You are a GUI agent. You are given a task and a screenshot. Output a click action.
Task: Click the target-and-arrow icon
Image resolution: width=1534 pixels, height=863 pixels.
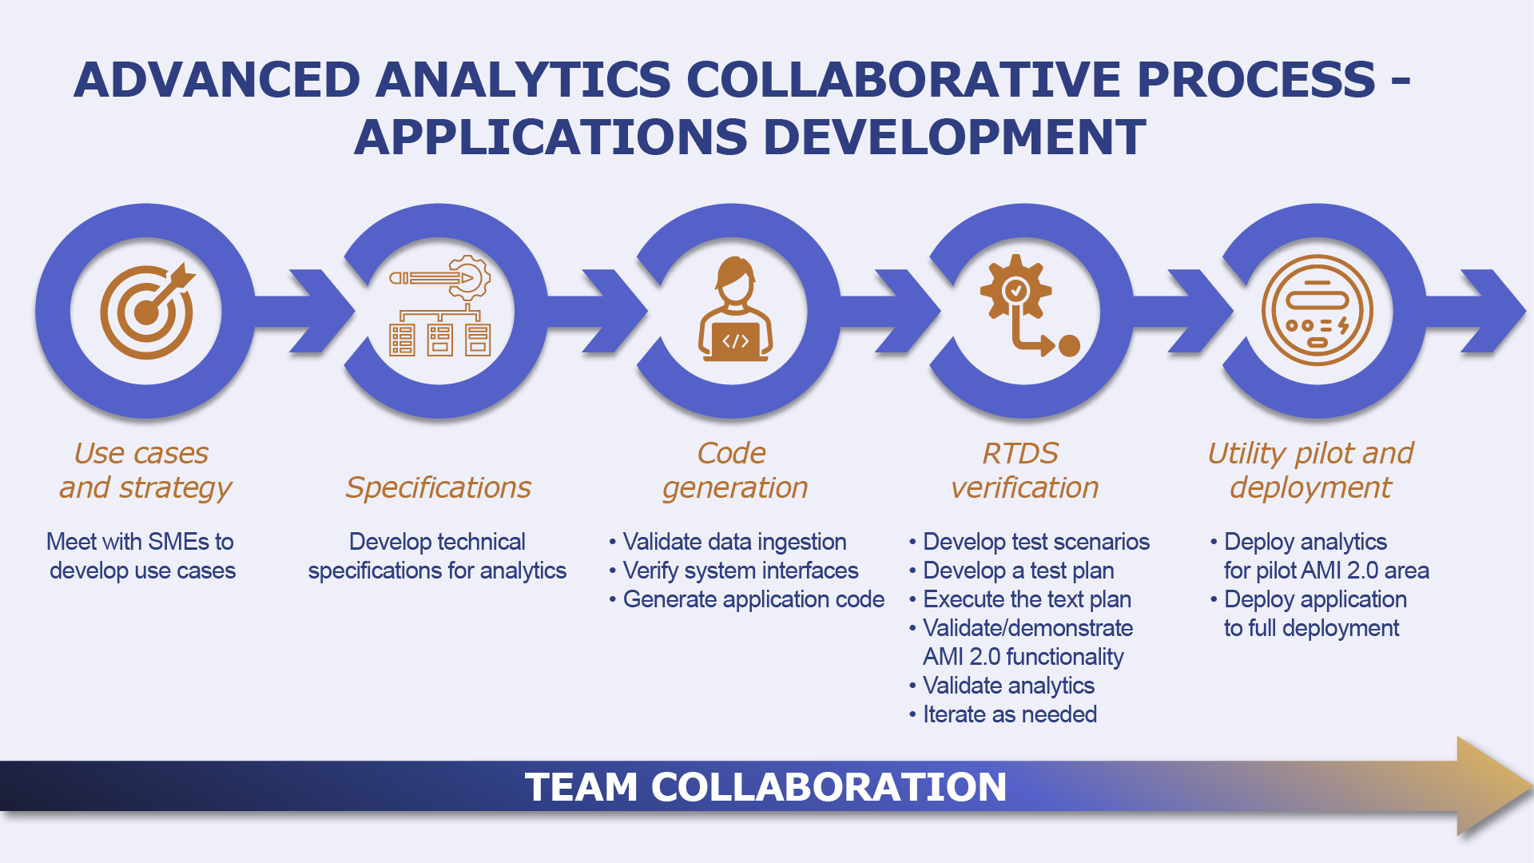tap(147, 311)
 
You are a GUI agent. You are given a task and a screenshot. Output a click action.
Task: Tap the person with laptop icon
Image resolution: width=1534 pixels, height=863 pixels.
tap(734, 310)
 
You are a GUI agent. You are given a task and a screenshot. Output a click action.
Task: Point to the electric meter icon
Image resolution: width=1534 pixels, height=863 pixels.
tap(1317, 310)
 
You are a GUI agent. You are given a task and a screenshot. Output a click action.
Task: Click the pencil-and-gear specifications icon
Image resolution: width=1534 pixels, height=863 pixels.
tap(440, 308)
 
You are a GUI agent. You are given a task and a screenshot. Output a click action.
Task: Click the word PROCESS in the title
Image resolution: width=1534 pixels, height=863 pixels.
tap(1256, 80)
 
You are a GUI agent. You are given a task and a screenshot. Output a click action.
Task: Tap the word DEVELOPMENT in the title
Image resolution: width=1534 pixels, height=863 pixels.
tap(955, 137)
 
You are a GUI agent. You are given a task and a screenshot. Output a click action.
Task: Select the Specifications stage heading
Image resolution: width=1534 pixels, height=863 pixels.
tap(438, 487)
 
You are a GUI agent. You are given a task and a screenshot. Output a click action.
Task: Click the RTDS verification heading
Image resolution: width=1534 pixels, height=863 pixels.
tap(1024, 471)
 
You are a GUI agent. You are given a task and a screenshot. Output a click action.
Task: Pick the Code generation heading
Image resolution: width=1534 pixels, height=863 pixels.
tap(734, 471)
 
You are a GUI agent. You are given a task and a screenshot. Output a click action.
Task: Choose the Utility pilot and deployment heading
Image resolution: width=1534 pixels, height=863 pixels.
tap(1310, 471)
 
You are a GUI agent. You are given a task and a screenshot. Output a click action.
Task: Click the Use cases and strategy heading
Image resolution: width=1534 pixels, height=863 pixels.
tap(145, 471)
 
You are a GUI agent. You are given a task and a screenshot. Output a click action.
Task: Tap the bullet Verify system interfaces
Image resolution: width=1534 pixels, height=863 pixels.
tap(740, 571)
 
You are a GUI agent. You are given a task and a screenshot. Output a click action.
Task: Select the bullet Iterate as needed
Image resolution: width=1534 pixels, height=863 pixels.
tap(1009, 714)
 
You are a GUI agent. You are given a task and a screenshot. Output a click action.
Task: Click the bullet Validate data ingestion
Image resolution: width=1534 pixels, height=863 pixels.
tap(733, 542)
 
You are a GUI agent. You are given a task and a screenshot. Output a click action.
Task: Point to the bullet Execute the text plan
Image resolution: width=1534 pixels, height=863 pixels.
tap(1027, 599)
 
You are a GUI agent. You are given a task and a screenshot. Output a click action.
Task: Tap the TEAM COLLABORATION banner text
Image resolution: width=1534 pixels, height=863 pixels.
tap(765, 787)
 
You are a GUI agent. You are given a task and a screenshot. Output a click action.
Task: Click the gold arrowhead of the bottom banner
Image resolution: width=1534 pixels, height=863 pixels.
tap(1490, 786)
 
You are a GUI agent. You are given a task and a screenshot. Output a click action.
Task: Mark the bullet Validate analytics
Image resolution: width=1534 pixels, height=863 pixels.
tap(1008, 686)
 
